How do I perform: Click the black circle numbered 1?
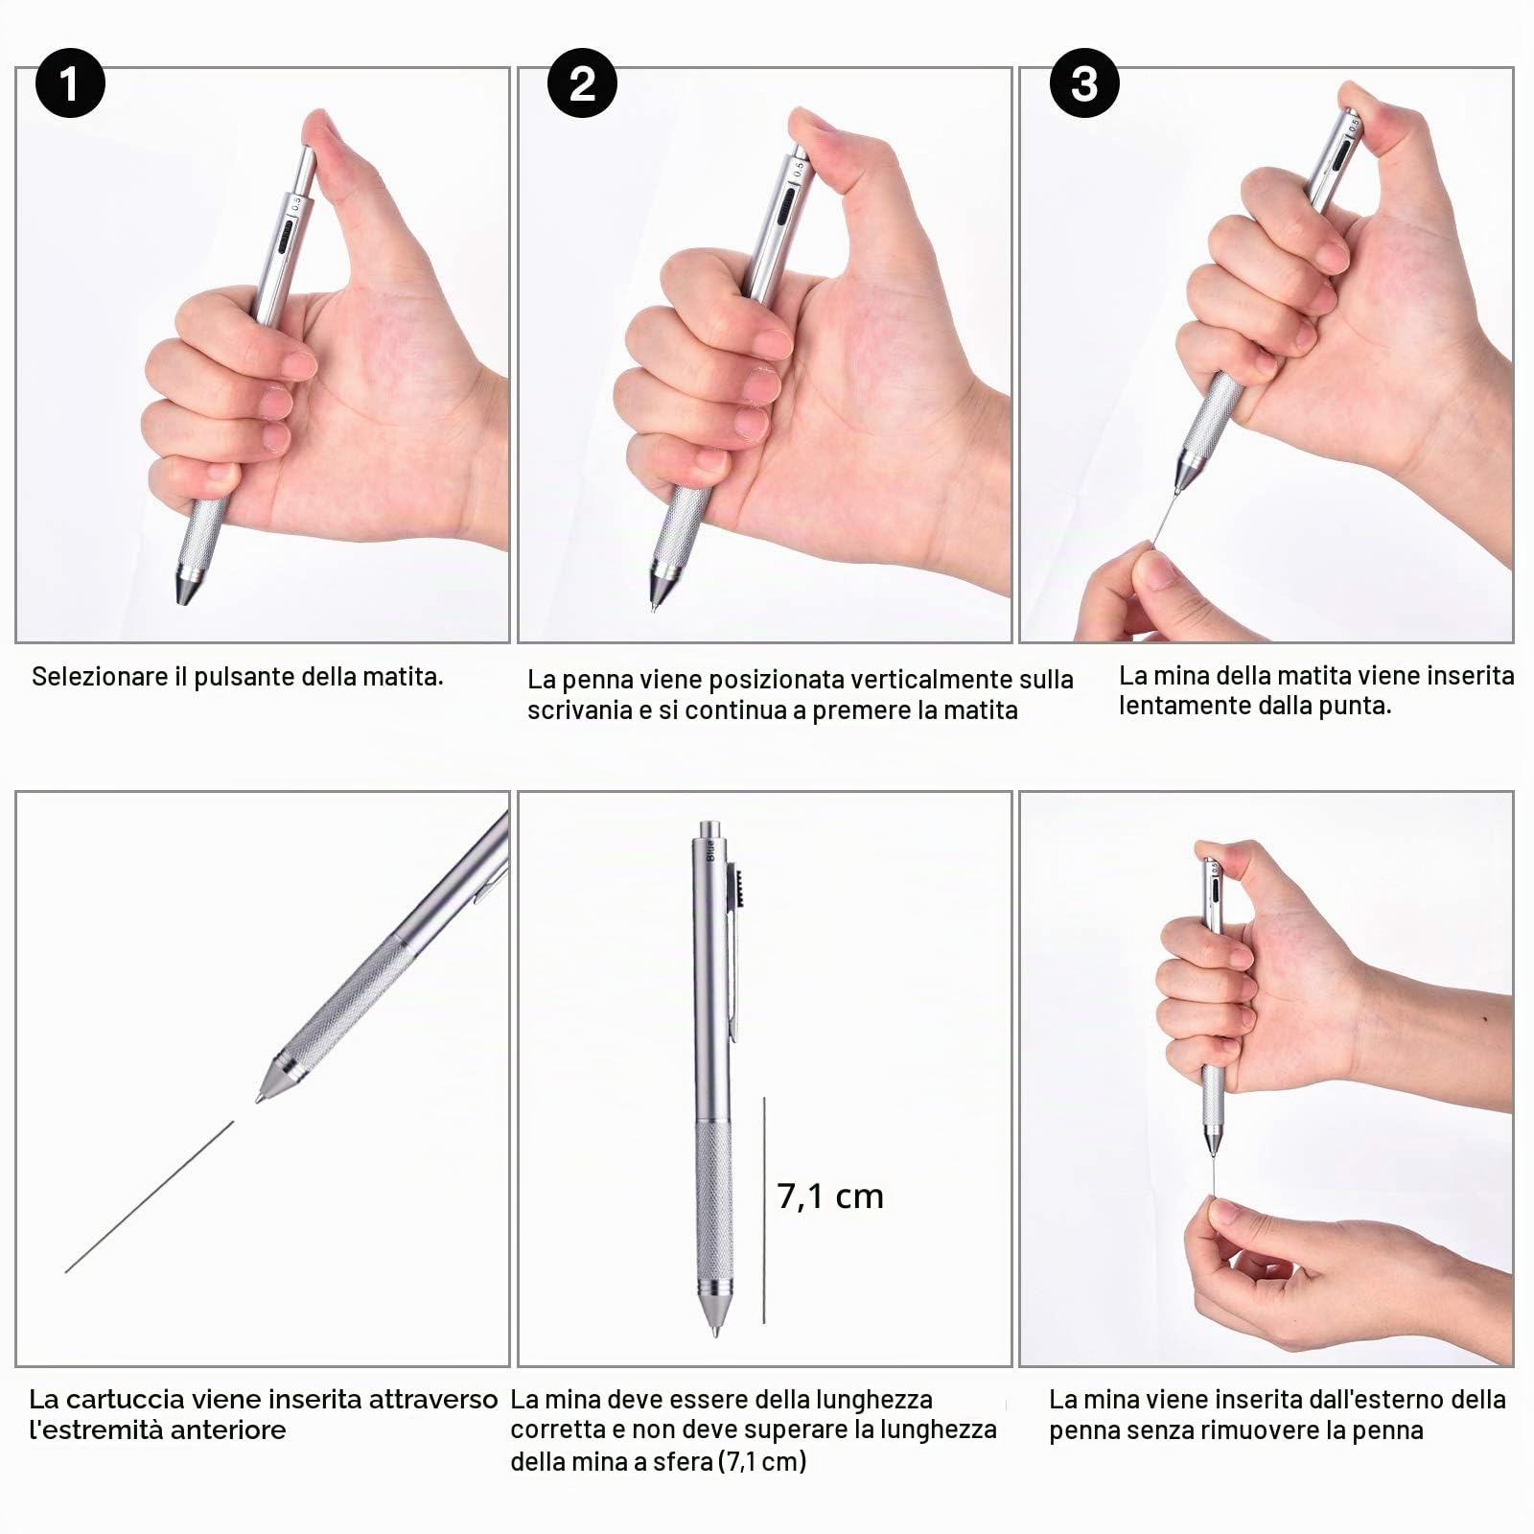(69, 83)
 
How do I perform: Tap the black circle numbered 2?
(582, 83)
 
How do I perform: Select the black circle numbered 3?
(1084, 83)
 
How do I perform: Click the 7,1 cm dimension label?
(830, 1197)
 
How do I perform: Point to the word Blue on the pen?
(711, 850)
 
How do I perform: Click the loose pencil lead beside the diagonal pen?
(150, 1197)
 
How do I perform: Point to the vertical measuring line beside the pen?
(764, 1211)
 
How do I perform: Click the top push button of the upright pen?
(710, 828)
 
